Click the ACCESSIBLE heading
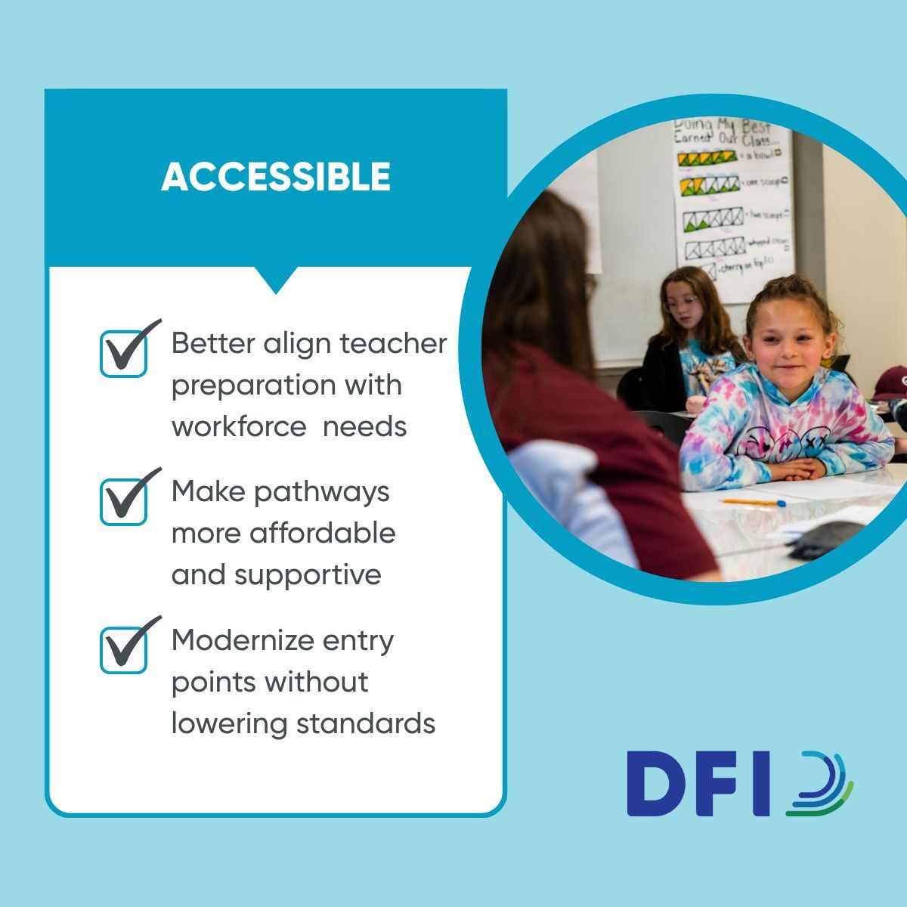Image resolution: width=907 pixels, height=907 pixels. coord(276,178)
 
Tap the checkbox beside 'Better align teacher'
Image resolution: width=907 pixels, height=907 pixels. coord(124,352)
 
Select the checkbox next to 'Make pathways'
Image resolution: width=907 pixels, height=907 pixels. coord(124,500)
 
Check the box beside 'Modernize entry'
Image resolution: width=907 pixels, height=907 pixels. coord(124,649)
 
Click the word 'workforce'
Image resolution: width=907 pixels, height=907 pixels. coord(239,426)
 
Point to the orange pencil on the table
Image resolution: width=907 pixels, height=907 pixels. coord(753,502)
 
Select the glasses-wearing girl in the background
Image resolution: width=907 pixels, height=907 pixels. coord(688,310)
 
